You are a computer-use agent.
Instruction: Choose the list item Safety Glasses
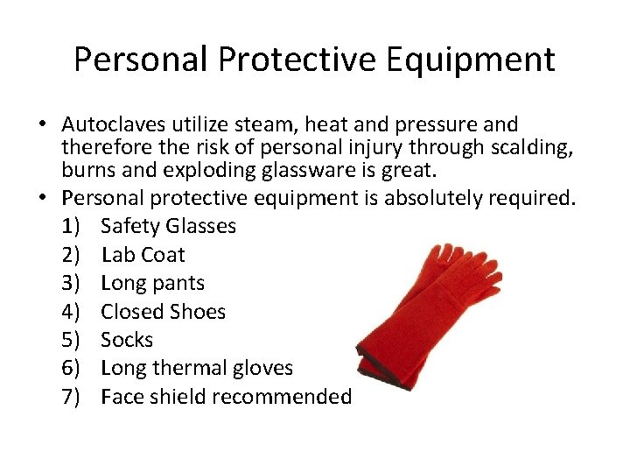click(168, 226)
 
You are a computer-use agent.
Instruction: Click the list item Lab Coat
click(143, 255)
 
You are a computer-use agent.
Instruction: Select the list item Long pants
click(152, 283)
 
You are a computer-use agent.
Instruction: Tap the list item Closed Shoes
click(163, 311)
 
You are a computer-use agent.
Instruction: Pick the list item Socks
click(127, 340)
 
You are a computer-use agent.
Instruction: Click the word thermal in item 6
click(192, 368)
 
